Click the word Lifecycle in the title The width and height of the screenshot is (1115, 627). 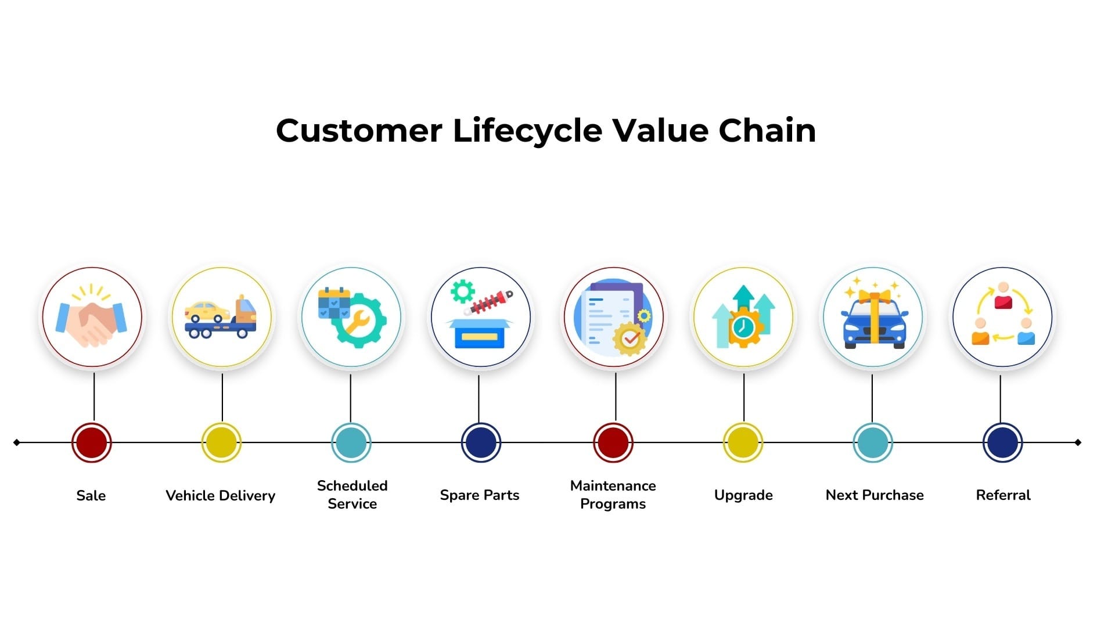(x=527, y=131)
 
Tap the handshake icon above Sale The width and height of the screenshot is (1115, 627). (x=91, y=316)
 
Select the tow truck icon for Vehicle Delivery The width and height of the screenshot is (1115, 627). (x=221, y=318)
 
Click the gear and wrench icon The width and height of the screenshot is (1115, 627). (x=352, y=317)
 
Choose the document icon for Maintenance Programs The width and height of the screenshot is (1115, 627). (x=613, y=318)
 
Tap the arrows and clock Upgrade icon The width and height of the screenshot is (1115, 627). (x=743, y=317)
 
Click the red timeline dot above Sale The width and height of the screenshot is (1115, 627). (x=92, y=442)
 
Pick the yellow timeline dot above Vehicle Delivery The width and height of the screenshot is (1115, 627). (x=221, y=442)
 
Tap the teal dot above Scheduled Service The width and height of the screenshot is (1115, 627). (x=351, y=442)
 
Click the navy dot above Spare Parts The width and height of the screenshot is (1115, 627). (x=481, y=442)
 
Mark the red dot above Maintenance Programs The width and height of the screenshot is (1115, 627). (x=613, y=442)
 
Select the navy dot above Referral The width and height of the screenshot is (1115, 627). (x=1003, y=442)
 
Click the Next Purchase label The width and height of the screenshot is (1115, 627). (x=875, y=495)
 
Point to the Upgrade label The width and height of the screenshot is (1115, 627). (x=743, y=496)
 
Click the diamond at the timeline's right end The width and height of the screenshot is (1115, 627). (x=1078, y=442)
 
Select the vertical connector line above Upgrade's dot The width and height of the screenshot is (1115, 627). (x=744, y=398)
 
